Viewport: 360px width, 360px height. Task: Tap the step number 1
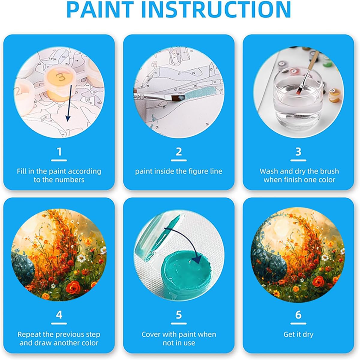[59, 152]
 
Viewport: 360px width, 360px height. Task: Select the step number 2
[179, 152]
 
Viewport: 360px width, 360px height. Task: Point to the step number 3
[298, 152]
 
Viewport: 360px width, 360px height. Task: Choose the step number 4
[59, 315]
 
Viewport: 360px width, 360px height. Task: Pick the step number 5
[179, 315]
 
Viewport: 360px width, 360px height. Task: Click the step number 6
[298, 315]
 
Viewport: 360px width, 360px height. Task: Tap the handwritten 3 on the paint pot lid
[60, 76]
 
